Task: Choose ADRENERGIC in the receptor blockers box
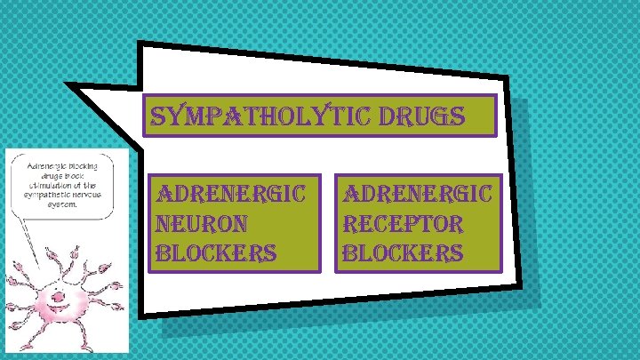pyautogui.click(x=422, y=193)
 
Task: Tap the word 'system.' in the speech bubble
pyautogui.click(x=61, y=202)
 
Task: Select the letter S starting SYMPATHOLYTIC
pyautogui.click(x=156, y=116)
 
